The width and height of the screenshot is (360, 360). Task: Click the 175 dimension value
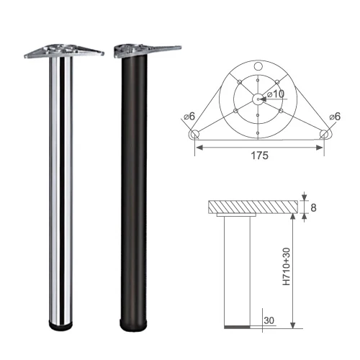[259, 156]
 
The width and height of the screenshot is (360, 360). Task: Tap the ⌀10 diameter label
[276, 94]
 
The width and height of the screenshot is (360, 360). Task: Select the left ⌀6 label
[189, 117]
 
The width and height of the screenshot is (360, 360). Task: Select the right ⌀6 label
[335, 117]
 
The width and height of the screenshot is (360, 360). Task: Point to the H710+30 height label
[287, 266]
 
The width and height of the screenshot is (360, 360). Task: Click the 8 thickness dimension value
[313, 207]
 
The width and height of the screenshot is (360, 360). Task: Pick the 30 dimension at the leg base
[269, 320]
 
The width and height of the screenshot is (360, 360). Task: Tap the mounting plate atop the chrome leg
[64, 51]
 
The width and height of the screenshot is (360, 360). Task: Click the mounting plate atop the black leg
[148, 50]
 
